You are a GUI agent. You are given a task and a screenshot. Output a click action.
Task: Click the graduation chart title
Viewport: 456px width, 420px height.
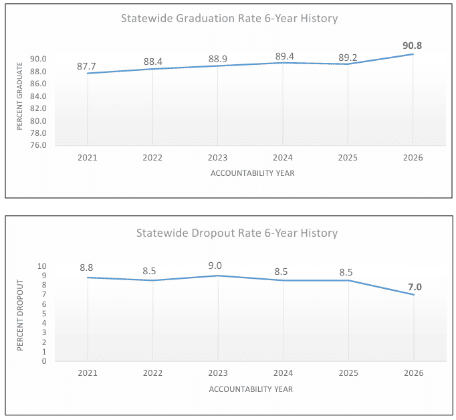click(x=229, y=18)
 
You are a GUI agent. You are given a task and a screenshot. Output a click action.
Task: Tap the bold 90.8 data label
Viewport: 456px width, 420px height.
click(x=413, y=45)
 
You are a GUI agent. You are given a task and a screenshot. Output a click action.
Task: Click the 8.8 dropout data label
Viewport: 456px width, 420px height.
click(x=87, y=268)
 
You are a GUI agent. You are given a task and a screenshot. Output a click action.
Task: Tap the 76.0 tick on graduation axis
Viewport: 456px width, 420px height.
click(x=37, y=145)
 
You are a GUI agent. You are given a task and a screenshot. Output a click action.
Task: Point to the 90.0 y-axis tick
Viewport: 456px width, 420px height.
click(x=37, y=59)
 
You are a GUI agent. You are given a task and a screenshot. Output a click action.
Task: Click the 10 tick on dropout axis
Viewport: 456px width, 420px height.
click(x=41, y=266)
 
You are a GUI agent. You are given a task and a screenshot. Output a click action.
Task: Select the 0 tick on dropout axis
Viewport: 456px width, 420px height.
click(x=44, y=361)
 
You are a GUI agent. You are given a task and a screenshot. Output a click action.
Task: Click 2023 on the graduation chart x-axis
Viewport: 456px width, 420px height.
click(x=217, y=158)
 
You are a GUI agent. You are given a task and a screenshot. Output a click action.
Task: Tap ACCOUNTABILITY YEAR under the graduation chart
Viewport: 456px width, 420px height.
click(x=252, y=173)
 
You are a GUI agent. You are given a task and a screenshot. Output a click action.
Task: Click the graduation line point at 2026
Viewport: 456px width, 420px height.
click(x=413, y=54)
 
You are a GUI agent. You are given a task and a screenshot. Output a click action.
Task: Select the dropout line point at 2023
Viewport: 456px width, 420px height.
click(x=217, y=276)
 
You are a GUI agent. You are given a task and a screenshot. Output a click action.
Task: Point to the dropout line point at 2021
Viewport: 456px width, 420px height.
click(x=88, y=278)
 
